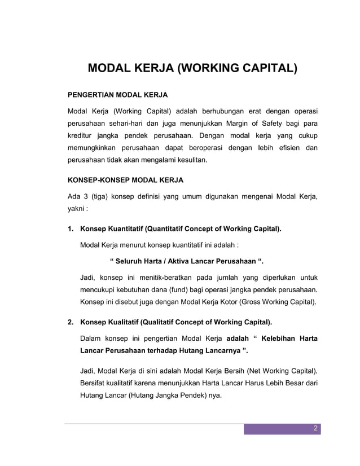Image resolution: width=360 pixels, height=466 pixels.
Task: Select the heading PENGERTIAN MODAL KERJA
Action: (117, 94)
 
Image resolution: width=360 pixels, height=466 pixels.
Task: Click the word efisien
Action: (286, 148)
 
